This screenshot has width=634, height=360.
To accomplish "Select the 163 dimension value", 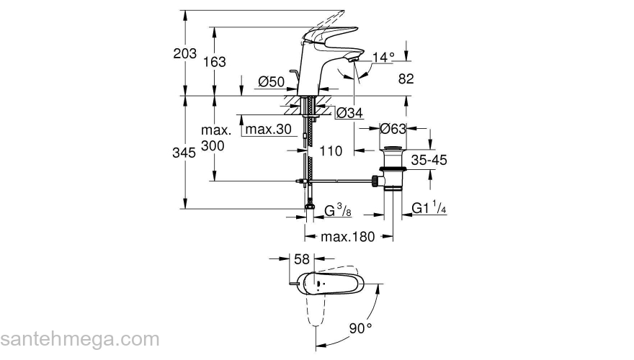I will [x=213, y=62].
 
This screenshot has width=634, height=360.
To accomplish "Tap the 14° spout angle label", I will [x=384, y=57].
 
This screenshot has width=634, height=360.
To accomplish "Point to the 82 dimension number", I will [x=406, y=80].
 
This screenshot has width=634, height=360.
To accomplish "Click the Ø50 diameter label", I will [x=271, y=82].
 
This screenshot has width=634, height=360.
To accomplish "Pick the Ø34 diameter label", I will [x=349, y=112].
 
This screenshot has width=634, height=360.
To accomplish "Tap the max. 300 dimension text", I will [x=215, y=138].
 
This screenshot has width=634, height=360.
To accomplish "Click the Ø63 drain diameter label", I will [x=393, y=129].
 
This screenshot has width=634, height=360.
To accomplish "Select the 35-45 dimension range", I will [x=429, y=160].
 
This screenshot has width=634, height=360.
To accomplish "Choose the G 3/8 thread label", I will [x=337, y=210].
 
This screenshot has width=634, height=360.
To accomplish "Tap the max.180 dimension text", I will [x=348, y=238].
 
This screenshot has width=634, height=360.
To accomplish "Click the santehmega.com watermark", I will [x=79, y=338].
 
